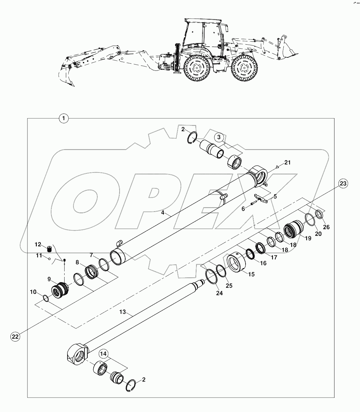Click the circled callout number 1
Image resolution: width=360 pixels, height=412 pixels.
pyautogui.click(x=64, y=118)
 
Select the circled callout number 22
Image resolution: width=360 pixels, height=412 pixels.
pyautogui.click(x=15, y=336)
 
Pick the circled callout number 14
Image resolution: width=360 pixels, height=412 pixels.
pyautogui.click(x=103, y=353)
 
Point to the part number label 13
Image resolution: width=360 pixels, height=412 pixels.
pyautogui.click(x=122, y=312)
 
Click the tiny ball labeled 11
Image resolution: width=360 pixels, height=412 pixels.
pyautogui.click(x=49, y=259)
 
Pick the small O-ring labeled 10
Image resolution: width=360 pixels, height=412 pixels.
pyautogui.click(x=46, y=298)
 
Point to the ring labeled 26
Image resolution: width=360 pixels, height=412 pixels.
pyautogui.click(x=319, y=214)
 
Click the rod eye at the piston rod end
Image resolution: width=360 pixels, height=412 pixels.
pyautogui.click(x=77, y=356)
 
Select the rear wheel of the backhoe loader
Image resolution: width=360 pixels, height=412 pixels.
pyautogui.click(x=196, y=69)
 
